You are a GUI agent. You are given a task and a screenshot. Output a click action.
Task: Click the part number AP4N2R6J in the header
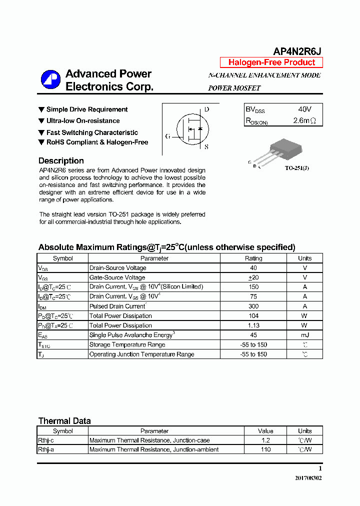tap(297, 51)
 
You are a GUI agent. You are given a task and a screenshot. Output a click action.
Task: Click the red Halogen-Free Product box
tap(271, 62)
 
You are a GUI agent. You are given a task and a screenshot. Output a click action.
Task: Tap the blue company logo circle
tap(50, 80)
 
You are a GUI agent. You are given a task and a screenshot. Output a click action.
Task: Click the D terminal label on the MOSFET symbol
tap(206, 109)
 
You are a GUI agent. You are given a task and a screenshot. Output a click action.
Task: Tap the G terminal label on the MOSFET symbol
tap(167, 136)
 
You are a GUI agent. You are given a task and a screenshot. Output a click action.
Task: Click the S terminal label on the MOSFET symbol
tap(206, 147)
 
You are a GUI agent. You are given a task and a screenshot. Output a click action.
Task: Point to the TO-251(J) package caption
tap(297, 168)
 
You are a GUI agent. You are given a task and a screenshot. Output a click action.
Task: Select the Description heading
tap(61, 161)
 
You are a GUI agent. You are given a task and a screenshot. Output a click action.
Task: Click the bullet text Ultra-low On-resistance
tap(83, 121)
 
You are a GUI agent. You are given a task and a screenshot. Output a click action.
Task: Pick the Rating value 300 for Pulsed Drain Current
tap(253, 306)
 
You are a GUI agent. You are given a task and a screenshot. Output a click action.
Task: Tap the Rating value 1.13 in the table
tap(253, 325)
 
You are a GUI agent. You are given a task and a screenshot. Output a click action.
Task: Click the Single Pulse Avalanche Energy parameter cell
tap(132, 335)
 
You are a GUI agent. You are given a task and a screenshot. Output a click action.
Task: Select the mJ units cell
tap(304, 335)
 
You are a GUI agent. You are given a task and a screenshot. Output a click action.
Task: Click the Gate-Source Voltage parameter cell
tap(117, 277)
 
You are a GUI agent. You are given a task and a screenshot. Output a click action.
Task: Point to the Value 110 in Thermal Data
tap(265, 449)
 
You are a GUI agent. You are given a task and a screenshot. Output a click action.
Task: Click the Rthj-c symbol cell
tap(45, 440)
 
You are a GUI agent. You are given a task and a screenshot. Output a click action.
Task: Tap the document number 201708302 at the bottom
tap(308, 478)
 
